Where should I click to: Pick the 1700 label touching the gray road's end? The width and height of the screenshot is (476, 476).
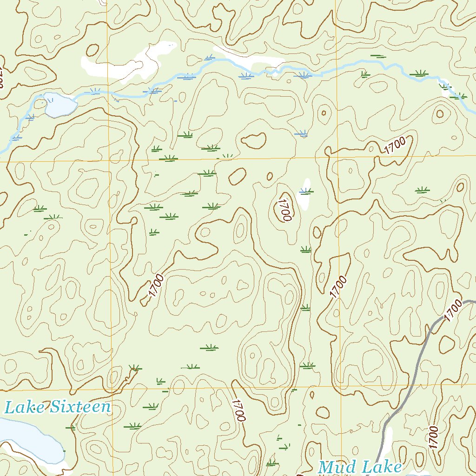pos(454,311)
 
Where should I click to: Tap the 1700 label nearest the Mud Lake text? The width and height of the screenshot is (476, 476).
pos(432,437)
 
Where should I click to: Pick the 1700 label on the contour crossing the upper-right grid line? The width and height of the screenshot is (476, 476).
pos(396,146)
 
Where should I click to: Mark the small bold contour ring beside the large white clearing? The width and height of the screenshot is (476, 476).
pos(93,50)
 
